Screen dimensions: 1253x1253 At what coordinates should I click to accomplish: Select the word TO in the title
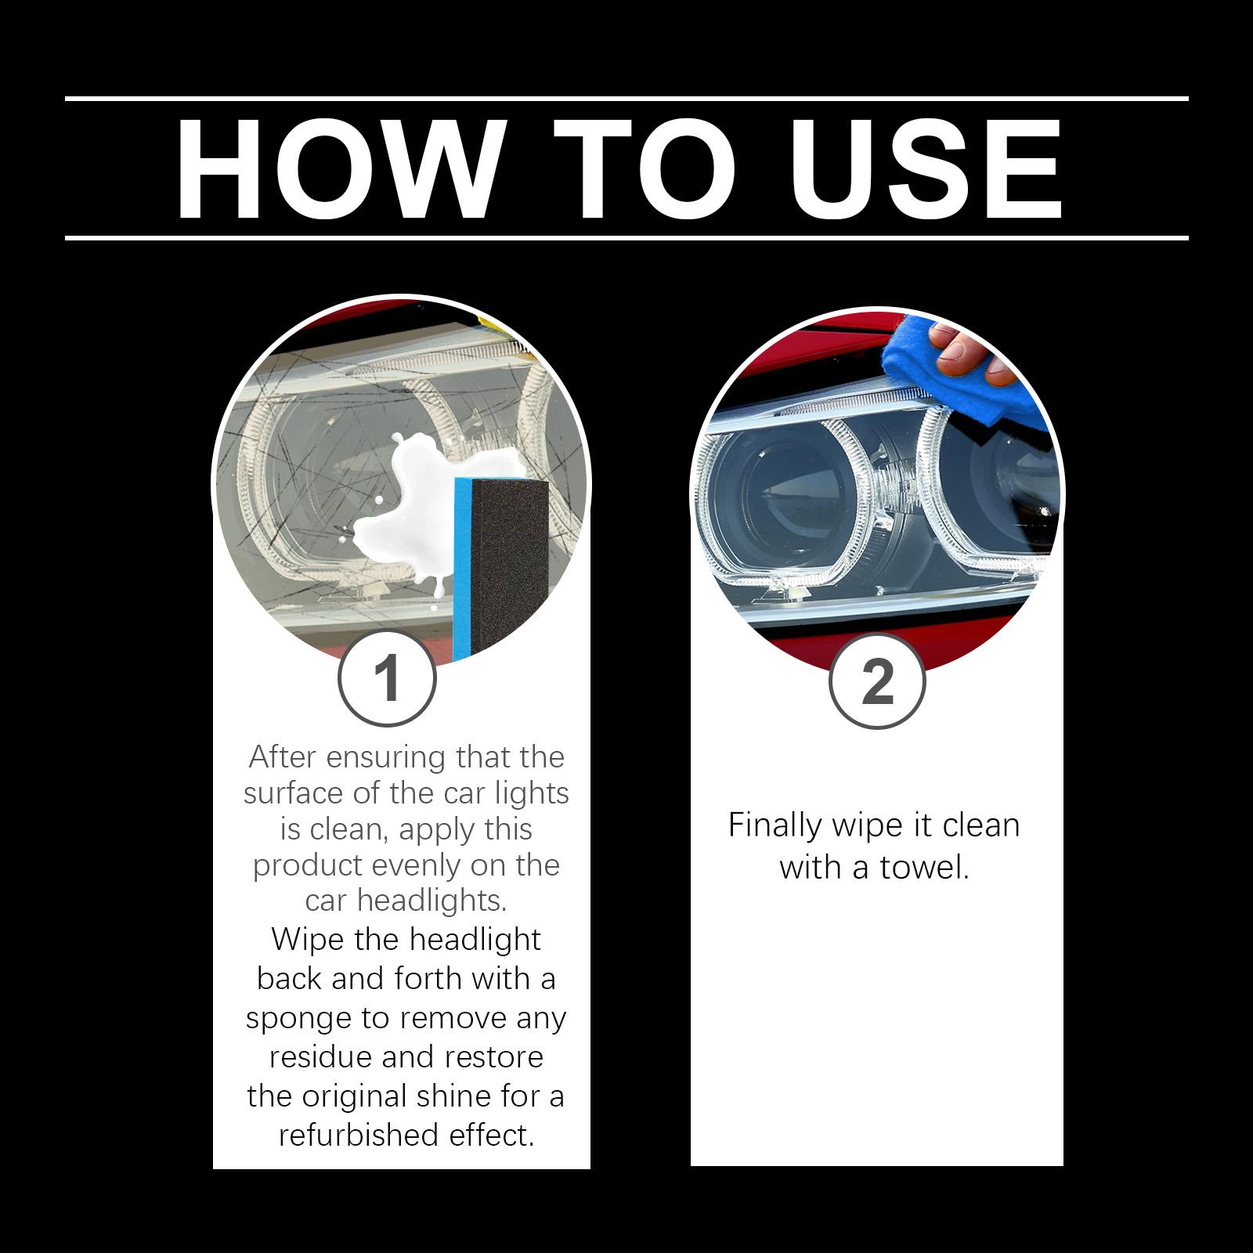pos(644,168)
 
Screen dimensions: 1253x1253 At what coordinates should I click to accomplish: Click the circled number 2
pos(876,682)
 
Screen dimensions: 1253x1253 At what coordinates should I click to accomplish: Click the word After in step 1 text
pos(282,757)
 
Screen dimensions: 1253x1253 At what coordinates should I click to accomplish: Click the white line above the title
pos(626,99)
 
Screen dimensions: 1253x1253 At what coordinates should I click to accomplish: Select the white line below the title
pos(626,237)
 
